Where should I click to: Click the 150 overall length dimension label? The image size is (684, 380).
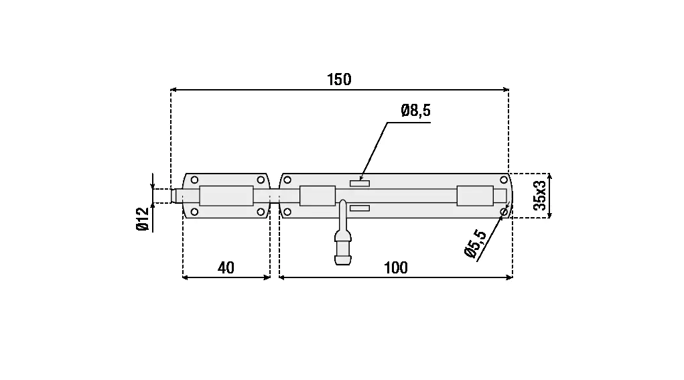click(339, 79)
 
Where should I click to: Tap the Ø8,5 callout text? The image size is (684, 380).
click(416, 111)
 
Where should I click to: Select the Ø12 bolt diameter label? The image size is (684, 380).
click(143, 219)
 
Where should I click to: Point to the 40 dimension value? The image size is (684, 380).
click(226, 267)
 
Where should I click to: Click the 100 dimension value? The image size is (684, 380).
click(396, 267)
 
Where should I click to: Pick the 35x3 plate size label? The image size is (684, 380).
click(539, 196)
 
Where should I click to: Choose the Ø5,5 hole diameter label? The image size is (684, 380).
click(476, 244)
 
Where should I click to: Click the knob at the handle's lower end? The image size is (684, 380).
click(343, 252)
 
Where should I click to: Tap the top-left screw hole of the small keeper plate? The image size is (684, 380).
click(194, 180)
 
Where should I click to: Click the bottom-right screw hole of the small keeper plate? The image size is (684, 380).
click(261, 212)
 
